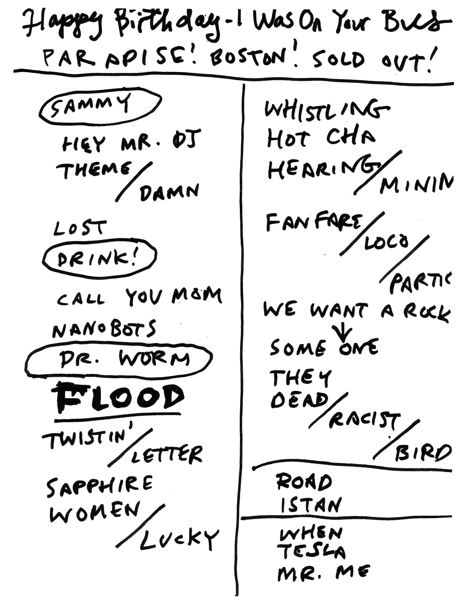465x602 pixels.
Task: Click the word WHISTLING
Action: [325, 110]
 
